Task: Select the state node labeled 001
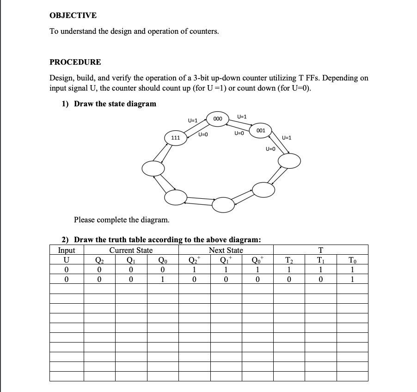click(x=260, y=131)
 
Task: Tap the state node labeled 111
click(x=176, y=138)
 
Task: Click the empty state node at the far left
click(x=153, y=169)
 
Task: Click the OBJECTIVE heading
click(x=73, y=15)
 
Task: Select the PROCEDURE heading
click(x=75, y=62)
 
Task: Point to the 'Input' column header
click(x=67, y=250)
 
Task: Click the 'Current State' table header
click(x=131, y=250)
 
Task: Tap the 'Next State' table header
click(x=226, y=250)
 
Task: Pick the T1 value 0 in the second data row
click(x=320, y=278)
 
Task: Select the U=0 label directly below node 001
click(x=270, y=148)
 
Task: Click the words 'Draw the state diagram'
click(x=115, y=104)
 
